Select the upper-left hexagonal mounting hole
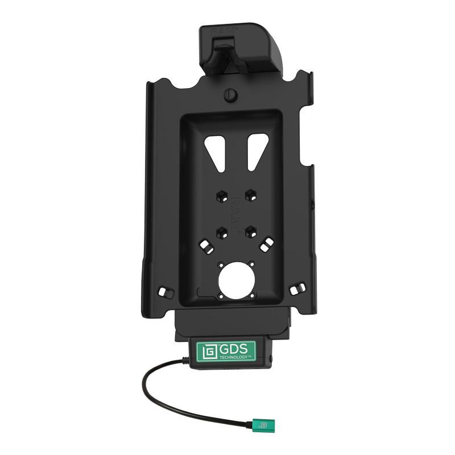click(220, 196)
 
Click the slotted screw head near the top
click(230, 95)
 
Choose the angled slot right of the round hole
click(264, 245)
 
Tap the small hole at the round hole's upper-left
click(220, 264)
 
